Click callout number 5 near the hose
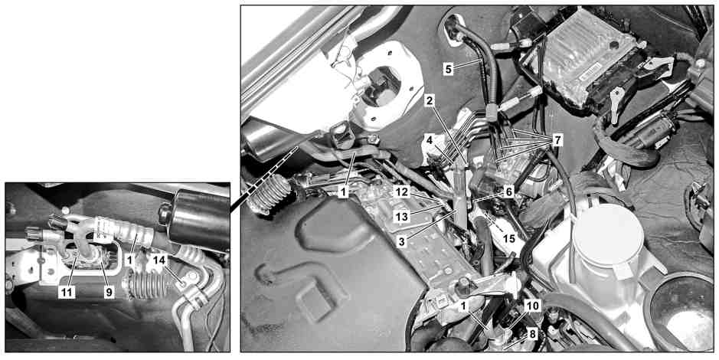click(x=449, y=69)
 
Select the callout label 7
click(x=557, y=140)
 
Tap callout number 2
click(x=430, y=101)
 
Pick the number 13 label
click(x=402, y=217)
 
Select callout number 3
click(x=402, y=242)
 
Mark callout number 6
click(x=508, y=192)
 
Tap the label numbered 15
click(x=508, y=239)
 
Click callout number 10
click(x=534, y=306)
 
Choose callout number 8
click(x=532, y=334)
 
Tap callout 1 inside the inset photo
click(x=130, y=260)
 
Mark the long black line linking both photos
click(x=263, y=179)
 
